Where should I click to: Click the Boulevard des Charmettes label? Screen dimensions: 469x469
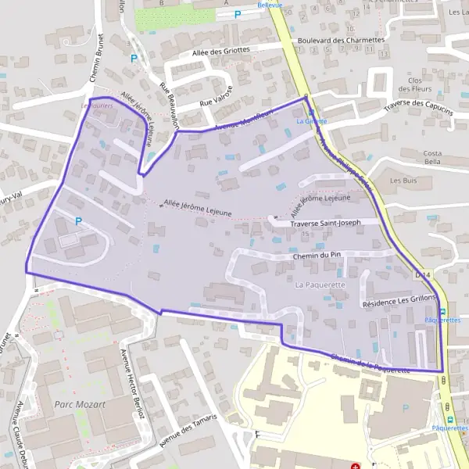(x=342, y=40)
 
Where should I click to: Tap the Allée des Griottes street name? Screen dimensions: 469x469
(x=221, y=49)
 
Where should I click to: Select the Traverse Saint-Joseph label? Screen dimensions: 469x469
(x=325, y=223)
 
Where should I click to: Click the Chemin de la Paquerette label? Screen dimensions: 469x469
(x=371, y=363)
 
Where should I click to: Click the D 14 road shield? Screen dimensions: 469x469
(x=422, y=275)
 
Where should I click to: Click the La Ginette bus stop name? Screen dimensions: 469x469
(x=312, y=121)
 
